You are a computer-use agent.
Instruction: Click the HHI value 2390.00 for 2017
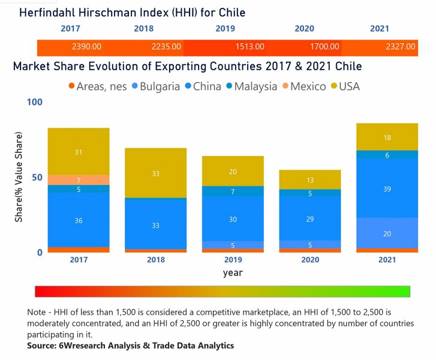coord(86,47)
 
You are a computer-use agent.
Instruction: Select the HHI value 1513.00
coord(249,47)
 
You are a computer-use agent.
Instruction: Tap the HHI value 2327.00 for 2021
coord(401,47)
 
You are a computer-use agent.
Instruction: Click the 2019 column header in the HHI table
coord(226,28)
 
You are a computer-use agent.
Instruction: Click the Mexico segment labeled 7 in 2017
coord(79,180)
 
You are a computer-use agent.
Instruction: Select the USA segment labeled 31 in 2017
coord(79,152)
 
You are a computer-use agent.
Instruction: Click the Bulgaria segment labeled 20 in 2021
coord(387,233)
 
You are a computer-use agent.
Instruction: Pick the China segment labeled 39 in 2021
coord(387,188)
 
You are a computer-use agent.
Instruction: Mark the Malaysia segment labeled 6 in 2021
coord(387,155)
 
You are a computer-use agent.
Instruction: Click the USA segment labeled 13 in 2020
coord(310,180)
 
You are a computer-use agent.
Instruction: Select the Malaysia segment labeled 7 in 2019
coord(233,191)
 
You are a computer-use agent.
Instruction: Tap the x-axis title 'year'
coord(233,273)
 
